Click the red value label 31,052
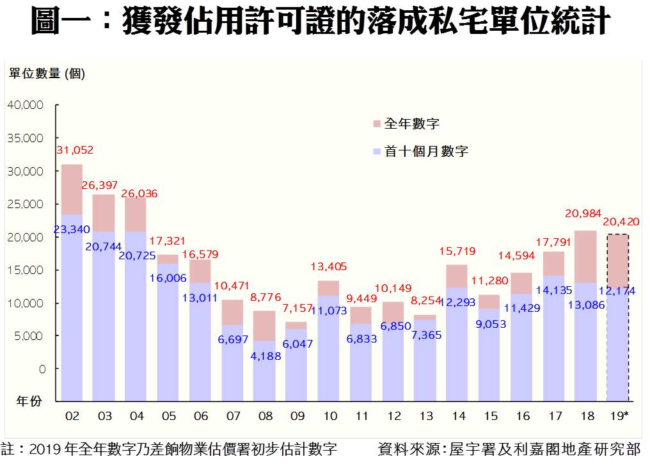point(75,150)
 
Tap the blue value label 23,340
point(72,229)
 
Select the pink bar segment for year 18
point(585,256)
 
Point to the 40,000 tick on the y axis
point(26,105)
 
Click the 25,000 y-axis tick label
point(26,204)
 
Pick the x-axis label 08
point(265,416)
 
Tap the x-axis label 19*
point(618,416)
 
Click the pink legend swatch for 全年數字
point(377,124)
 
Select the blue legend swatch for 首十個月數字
point(377,152)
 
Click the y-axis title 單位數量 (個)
point(47,74)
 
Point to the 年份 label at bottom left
point(29,401)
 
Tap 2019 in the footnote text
point(44,449)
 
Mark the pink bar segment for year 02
point(72,190)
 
